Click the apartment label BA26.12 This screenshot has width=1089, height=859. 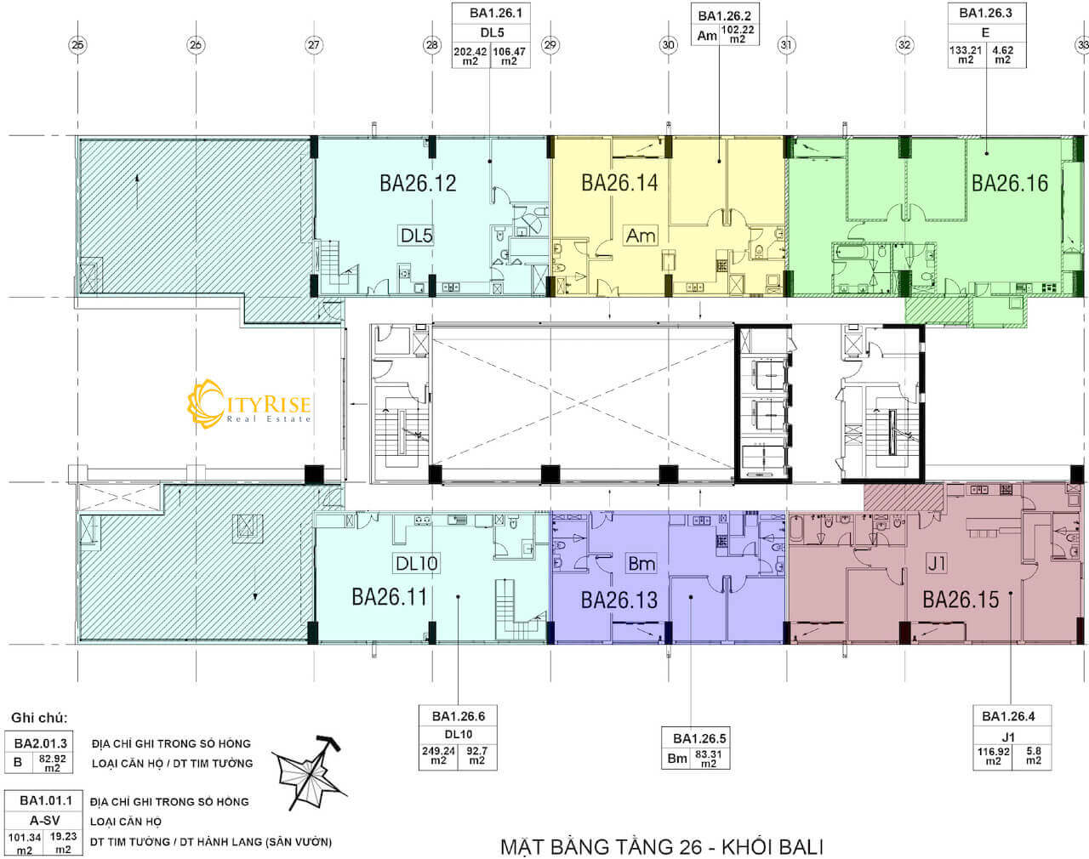coord(418,183)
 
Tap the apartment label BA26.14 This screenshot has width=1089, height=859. coord(619,183)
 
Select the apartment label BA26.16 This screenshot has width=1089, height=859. coord(1010,183)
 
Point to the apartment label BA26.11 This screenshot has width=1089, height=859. coord(389,597)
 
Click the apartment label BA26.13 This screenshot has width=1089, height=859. coord(619,600)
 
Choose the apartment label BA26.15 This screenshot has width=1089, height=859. coord(961,600)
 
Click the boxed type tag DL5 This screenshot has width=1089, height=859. coord(417,236)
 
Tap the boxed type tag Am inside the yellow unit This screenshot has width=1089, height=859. coord(641,236)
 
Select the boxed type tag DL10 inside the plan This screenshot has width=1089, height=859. coord(417,563)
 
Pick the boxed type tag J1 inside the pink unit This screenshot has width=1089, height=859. coord(936,563)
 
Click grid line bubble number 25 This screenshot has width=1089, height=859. coord(77,45)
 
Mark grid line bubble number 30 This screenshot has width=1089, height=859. coord(669,45)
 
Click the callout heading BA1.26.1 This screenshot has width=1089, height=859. coord(495,13)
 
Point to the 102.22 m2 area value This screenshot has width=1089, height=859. coord(738,34)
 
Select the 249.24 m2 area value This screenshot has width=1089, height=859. coord(439,756)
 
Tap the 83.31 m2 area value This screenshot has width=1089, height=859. coord(709,759)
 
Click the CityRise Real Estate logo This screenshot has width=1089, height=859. coord(248,404)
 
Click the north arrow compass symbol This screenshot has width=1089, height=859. coord(310,773)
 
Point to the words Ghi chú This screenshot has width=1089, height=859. coord(39,718)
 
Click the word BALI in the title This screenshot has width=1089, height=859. coord(797,847)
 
